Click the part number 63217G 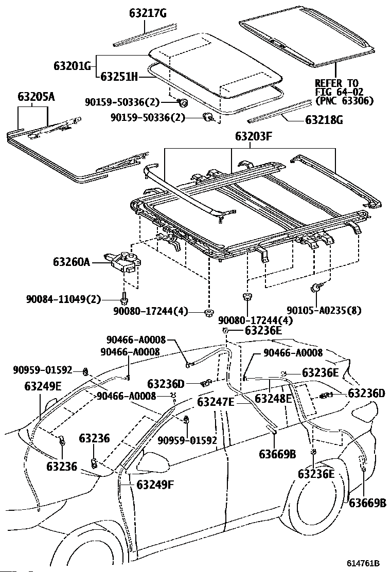(x=148, y=14)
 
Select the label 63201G (x=72, y=66)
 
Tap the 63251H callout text (x=119, y=77)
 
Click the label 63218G (x=324, y=121)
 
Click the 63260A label (x=71, y=262)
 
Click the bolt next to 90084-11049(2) (x=125, y=297)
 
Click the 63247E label (x=216, y=402)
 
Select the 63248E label (x=273, y=399)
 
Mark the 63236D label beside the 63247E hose (x=166, y=384)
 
